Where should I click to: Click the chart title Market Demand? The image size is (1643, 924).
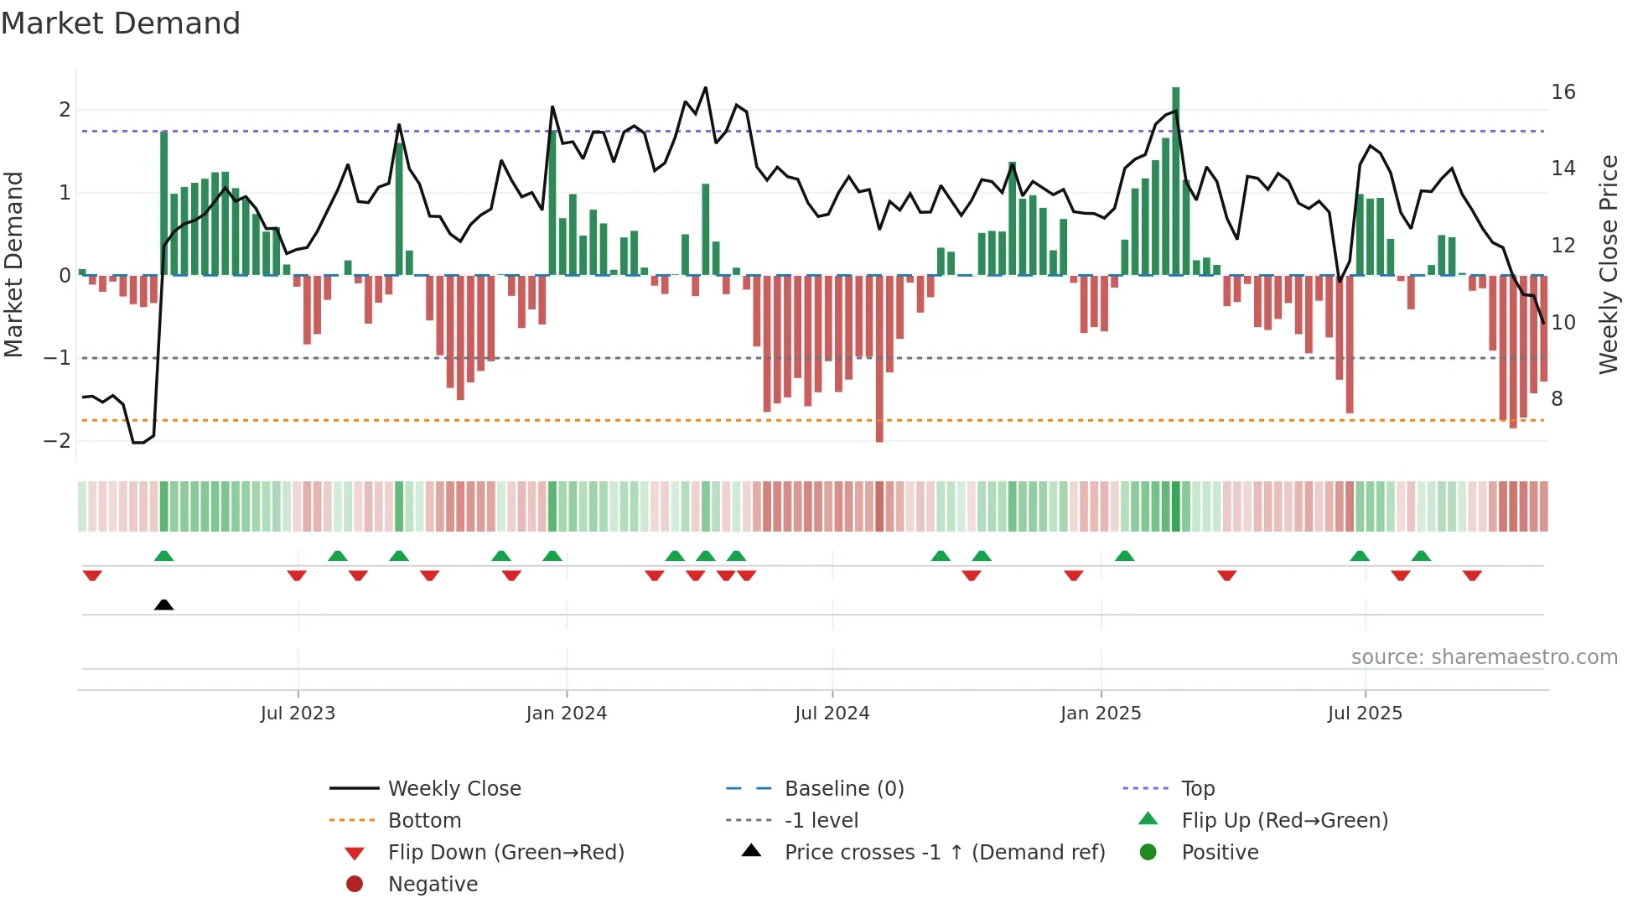121,23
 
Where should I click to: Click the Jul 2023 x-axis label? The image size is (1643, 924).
298,714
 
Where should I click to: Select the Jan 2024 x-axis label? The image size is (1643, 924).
566,714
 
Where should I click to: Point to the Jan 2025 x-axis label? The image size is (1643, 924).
1100,714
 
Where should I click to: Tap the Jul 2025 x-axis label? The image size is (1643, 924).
1365,714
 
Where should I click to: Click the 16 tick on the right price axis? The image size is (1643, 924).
1563,92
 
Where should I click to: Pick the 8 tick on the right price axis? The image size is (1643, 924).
1557,399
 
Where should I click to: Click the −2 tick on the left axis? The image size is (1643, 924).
57,441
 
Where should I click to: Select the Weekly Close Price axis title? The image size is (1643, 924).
1608,264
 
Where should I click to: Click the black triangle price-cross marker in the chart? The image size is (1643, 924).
164,605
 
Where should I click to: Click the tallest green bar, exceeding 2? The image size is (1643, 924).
1175,180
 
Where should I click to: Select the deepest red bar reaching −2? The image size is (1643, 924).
879,359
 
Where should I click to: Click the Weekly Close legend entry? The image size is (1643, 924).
454,789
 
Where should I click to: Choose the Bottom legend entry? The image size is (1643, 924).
424,821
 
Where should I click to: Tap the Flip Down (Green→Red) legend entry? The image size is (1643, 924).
505,853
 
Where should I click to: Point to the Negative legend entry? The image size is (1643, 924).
433,885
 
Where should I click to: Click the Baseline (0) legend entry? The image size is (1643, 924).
843,789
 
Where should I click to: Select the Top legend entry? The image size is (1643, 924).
1197,789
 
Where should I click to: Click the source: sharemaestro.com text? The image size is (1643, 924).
1484,657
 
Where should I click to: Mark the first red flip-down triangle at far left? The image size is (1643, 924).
92,575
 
